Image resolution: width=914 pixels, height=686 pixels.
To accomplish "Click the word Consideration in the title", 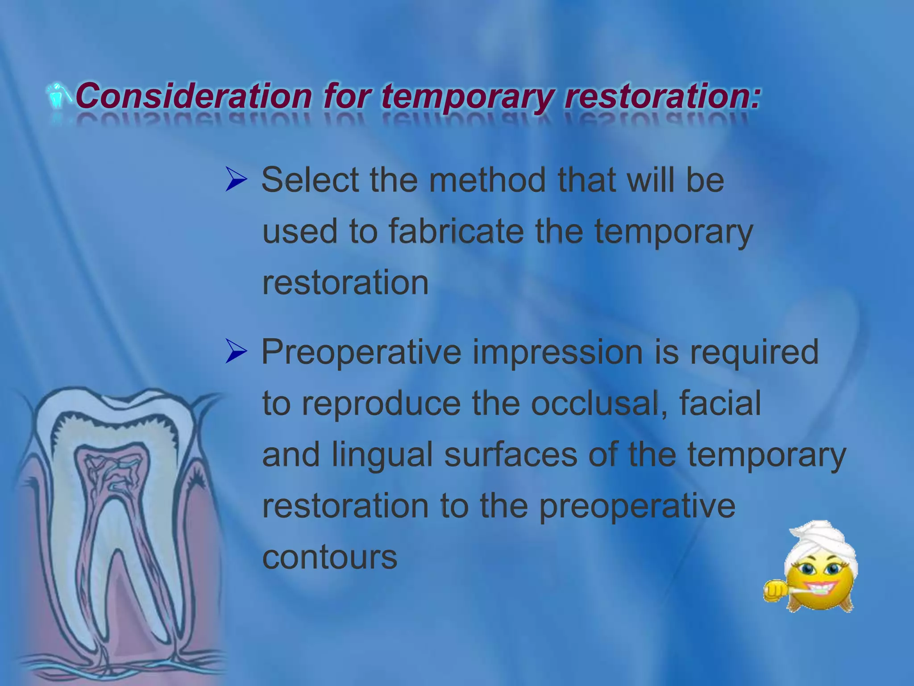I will point(193,96).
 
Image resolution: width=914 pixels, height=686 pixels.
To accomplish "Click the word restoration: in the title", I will point(662,96).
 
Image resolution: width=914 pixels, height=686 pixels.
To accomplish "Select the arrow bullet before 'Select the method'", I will point(236,180).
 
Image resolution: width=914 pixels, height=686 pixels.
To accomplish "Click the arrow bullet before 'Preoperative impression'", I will point(236,351).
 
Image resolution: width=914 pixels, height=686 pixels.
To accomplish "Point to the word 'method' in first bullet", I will point(487,180).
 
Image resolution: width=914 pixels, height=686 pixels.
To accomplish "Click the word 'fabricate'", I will point(456,231).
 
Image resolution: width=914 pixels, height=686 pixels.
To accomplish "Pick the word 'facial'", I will point(719,403).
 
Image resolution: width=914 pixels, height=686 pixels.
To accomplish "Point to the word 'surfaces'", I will point(511,455).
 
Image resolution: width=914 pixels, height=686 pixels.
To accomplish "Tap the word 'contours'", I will point(329,557).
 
